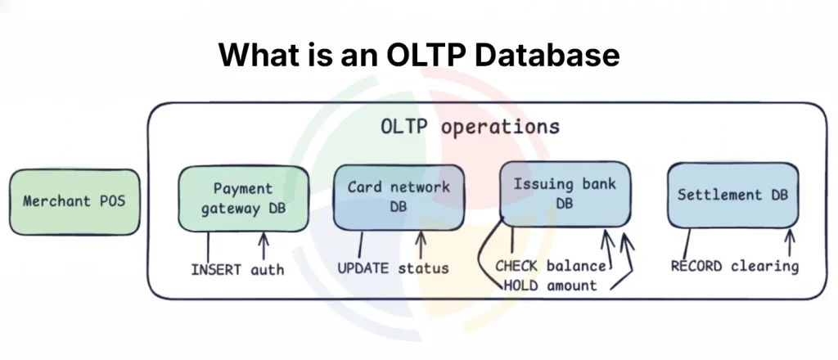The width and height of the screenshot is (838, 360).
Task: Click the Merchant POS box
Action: tap(74, 201)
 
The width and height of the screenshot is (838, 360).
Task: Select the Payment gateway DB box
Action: tap(243, 199)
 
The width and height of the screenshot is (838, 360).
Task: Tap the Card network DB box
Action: tap(399, 197)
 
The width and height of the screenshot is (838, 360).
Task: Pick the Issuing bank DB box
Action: tap(564, 192)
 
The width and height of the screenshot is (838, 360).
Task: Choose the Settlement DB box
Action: tap(732, 196)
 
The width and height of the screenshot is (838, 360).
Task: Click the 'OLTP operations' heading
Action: tap(471, 128)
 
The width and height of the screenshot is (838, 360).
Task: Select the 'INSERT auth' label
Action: tap(237, 268)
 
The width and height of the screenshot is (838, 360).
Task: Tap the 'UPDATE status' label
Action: tap(394, 268)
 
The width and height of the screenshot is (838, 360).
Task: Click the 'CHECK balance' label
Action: tap(551, 267)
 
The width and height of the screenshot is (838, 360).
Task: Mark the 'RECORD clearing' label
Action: tap(734, 267)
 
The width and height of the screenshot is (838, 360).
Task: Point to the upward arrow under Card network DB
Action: tap(421, 244)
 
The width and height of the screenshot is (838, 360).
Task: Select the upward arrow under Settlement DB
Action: tap(790, 243)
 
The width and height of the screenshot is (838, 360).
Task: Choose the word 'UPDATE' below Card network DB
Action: tap(363, 268)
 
